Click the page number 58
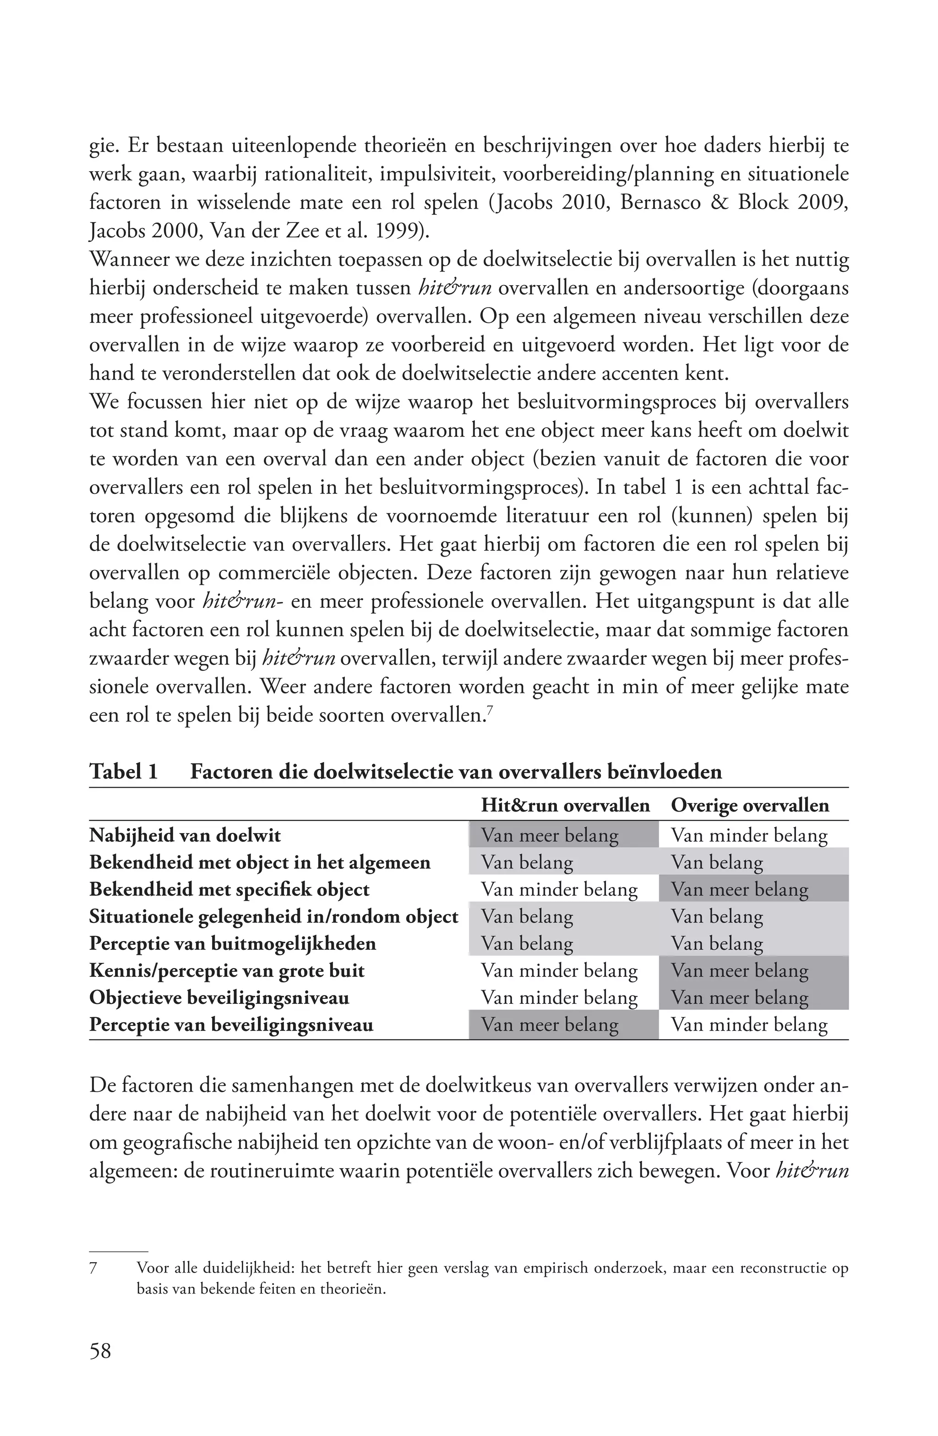100,1350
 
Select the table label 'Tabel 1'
124,772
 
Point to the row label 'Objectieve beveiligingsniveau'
219,997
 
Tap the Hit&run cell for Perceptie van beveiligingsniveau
549,1024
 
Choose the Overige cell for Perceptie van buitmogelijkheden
717,943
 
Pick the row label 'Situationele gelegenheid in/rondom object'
273,916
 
